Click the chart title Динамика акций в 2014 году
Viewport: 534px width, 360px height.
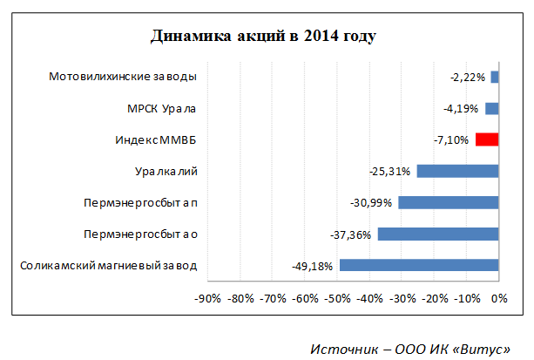coord(263,37)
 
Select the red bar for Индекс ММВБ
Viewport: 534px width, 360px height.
coord(487,139)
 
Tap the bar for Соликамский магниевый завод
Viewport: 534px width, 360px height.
coord(419,265)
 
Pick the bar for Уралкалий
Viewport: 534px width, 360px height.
coord(457,171)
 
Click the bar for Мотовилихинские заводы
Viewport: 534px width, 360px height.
coord(495,77)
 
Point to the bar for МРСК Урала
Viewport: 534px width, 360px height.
coord(491,108)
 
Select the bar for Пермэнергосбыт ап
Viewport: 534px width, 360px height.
coord(448,202)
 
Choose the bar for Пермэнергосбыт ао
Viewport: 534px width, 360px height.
coord(438,234)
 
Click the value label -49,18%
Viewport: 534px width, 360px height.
coord(312,266)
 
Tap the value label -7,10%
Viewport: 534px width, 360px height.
coord(450,140)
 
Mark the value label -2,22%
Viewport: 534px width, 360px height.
coord(469,78)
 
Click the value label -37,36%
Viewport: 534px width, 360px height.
coord(350,234)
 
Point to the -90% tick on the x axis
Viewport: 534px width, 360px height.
coord(207,299)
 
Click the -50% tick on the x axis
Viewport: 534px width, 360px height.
coord(337,299)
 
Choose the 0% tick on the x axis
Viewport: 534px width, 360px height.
coord(498,299)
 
